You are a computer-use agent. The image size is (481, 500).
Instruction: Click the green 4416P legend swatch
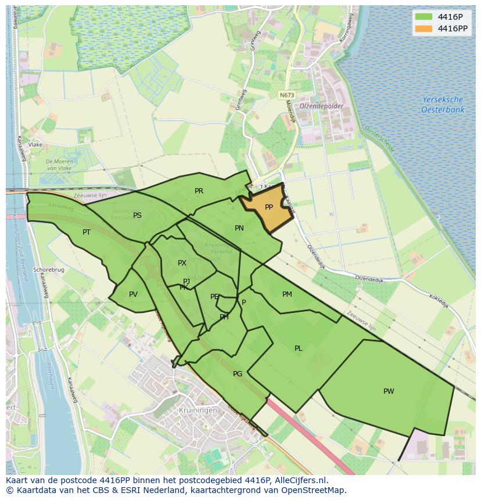pyautogui.click(x=424, y=16)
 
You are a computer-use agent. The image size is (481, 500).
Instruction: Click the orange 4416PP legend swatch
pyautogui.click(x=424, y=28)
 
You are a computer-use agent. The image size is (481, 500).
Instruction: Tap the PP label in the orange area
pyautogui.click(x=269, y=207)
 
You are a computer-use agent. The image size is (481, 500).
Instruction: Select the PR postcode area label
pyautogui.click(x=199, y=190)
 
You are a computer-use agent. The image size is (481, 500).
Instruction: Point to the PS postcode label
pyautogui.click(x=137, y=215)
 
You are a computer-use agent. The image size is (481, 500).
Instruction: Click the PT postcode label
pyautogui.click(x=87, y=232)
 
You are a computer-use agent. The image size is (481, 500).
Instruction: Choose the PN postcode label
pyautogui.click(x=239, y=228)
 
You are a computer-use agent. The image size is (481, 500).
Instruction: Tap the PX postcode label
pyautogui.click(x=182, y=263)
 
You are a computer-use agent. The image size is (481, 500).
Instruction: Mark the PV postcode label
pyautogui.click(x=133, y=294)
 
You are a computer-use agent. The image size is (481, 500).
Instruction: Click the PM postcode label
pyautogui.click(x=287, y=294)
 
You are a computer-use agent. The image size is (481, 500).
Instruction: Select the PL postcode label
pyautogui.click(x=298, y=348)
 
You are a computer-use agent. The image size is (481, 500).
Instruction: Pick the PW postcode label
pyautogui.click(x=389, y=391)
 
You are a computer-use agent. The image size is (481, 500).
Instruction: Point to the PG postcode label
pyautogui.click(x=237, y=373)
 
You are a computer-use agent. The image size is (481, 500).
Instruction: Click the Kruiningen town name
pyautogui.click(x=199, y=410)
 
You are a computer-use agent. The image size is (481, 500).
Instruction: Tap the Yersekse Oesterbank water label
pyautogui.click(x=443, y=105)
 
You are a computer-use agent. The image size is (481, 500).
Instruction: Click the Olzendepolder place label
pyautogui.click(x=321, y=106)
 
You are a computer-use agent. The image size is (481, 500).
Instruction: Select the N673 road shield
pyautogui.click(x=286, y=95)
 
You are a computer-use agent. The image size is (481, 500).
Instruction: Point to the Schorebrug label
pyautogui.click(x=48, y=270)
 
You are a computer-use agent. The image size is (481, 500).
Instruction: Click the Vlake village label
pyautogui.click(x=35, y=145)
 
